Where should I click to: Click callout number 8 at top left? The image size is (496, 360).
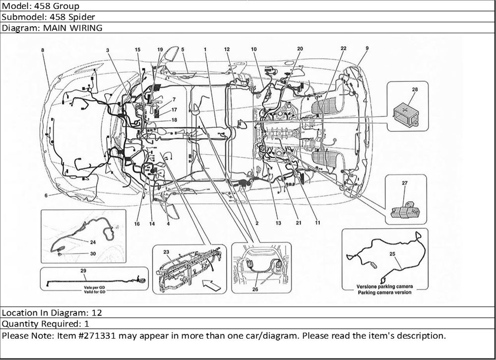click(43, 50)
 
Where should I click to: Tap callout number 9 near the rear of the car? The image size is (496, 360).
click(367, 48)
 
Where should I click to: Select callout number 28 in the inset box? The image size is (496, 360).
click(414, 89)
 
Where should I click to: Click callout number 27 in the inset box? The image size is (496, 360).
click(404, 183)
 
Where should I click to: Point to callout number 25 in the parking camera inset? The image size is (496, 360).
click(392, 254)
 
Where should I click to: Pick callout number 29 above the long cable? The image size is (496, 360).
click(83, 271)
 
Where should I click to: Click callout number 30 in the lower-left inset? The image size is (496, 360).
click(93, 254)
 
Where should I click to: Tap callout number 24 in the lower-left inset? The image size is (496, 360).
click(93, 242)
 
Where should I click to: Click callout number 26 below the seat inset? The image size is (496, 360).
click(255, 290)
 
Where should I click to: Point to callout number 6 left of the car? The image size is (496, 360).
click(46, 195)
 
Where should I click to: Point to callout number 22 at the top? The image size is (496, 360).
click(343, 48)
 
